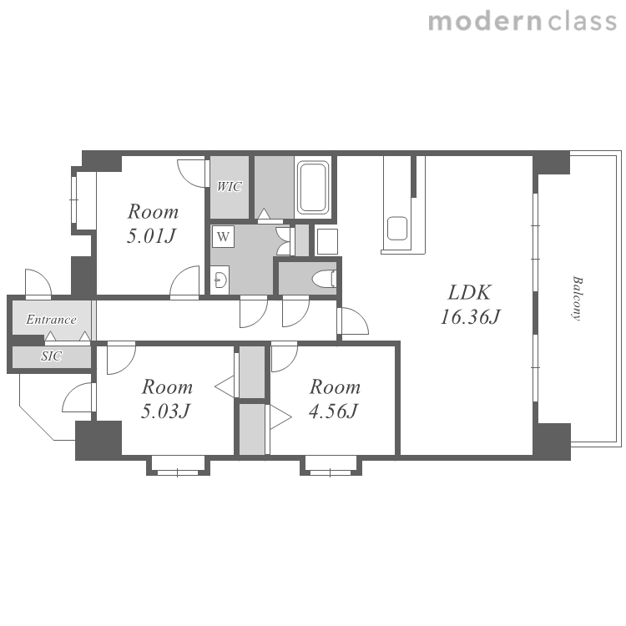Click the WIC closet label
point(230,186)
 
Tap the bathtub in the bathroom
point(313,186)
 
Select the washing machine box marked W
point(223,237)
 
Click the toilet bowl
point(324,279)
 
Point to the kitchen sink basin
point(396,229)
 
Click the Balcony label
point(577,298)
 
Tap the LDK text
point(469,293)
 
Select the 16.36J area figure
point(470,316)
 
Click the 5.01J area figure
point(151,235)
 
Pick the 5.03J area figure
point(165,411)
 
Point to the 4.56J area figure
point(333,411)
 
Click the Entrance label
point(51,320)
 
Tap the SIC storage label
point(51,356)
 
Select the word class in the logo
point(583,22)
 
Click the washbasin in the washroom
point(220,280)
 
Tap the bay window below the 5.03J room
point(178,466)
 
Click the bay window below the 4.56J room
point(331,466)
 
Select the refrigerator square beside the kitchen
point(326,241)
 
